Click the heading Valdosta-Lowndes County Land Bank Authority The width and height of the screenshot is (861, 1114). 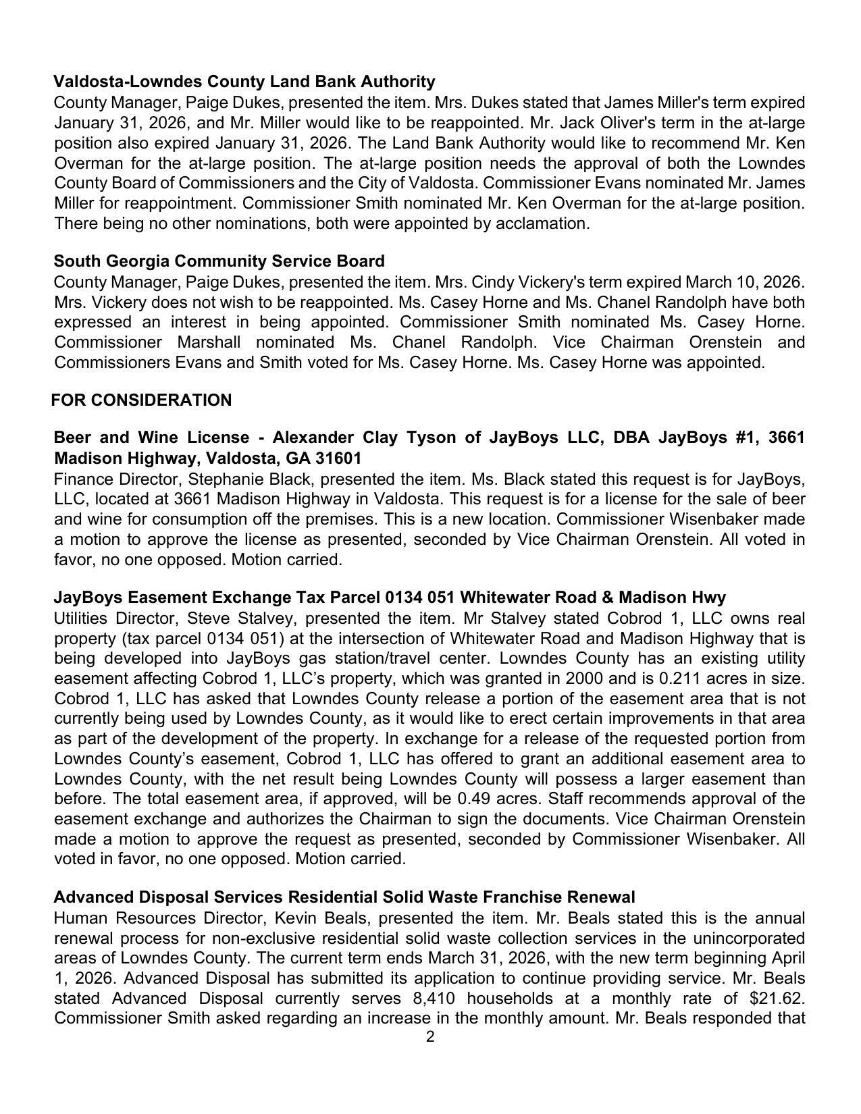(244, 82)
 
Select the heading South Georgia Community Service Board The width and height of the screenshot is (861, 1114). (219, 261)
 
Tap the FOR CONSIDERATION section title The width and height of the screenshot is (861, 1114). (141, 400)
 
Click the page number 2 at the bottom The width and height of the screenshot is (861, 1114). (430, 1037)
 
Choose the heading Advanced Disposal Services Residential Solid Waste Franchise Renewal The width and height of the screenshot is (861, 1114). (344, 897)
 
